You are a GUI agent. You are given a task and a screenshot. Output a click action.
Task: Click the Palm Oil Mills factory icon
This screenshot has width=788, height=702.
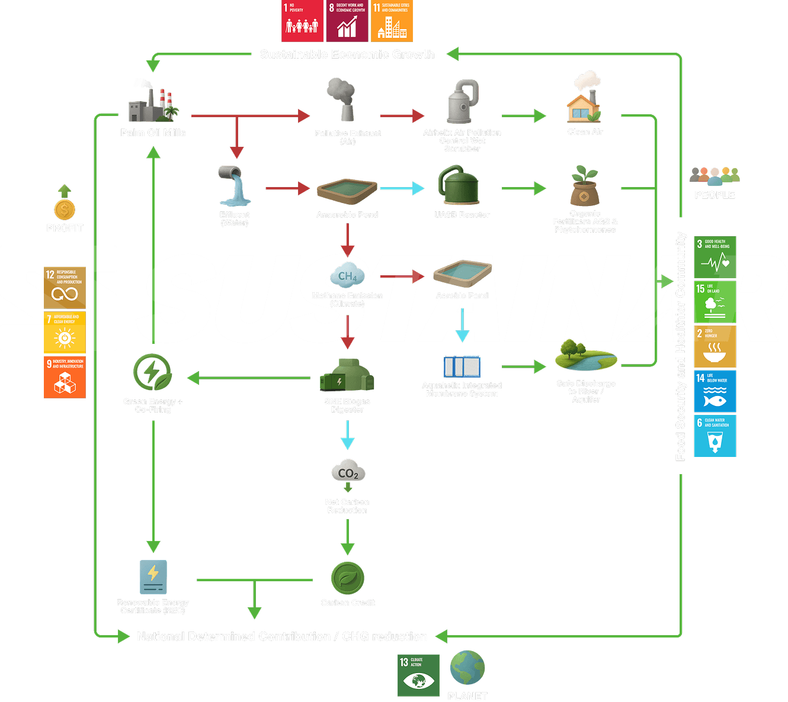click(x=153, y=102)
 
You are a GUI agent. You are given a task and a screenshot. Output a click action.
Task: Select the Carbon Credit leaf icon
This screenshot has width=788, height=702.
click(x=347, y=578)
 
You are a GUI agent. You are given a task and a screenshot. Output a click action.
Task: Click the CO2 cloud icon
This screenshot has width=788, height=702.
click(x=348, y=471)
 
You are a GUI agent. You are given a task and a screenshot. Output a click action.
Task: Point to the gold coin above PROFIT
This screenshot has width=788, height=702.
click(x=65, y=209)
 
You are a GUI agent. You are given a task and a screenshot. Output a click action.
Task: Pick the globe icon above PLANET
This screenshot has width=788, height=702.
click(x=467, y=668)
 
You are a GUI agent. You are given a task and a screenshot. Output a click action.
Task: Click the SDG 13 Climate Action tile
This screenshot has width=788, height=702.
click(x=418, y=675)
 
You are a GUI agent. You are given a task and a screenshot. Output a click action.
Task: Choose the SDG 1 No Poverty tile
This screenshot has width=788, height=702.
click(x=302, y=21)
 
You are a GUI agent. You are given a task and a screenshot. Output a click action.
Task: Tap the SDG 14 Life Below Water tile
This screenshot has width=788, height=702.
click(x=715, y=391)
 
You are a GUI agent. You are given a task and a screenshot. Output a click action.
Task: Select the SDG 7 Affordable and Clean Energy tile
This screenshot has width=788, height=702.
click(x=65, y=332)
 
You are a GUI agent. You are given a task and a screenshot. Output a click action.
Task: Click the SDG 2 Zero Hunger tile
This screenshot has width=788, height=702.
click(x=715, y=346)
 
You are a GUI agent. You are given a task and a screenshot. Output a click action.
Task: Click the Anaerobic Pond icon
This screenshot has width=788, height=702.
click(x=347, y=191)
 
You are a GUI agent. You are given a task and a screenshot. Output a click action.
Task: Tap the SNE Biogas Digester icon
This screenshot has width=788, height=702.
click(x=347, y=375)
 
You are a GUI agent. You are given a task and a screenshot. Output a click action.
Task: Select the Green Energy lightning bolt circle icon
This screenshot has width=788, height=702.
click(x=152, y=372)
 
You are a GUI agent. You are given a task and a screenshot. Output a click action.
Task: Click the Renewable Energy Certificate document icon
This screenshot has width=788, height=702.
click(x=153, y=577)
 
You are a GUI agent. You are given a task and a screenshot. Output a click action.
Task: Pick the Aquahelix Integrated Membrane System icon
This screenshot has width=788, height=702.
click(x=462, y=366)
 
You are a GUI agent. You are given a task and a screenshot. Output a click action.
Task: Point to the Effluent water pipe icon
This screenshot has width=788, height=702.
click(x=235, y=186)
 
